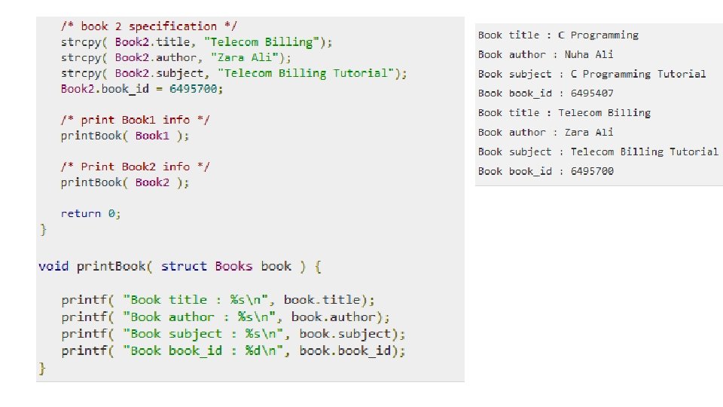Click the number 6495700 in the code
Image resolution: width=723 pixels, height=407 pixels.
pos(196,89)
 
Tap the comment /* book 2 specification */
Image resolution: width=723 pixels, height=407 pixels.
pos(149,26)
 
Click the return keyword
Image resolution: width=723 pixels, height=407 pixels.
pos(81,213)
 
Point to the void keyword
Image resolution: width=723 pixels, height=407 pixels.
pos(53,266)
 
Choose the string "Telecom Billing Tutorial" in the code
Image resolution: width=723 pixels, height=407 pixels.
pos(312,73)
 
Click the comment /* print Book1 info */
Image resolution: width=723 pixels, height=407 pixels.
pos(136,120)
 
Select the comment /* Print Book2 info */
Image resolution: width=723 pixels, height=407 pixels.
pos(136,167)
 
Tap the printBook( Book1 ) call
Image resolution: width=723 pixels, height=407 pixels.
pos(125,136)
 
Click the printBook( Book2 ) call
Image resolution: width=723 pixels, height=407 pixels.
pos(125,182)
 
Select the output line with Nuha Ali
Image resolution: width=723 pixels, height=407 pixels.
pos(546,54)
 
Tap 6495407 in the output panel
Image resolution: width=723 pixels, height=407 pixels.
pos(592,93)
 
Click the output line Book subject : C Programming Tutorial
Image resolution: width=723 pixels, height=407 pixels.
pos(592,74)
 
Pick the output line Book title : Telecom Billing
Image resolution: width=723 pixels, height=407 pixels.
pos(564,113)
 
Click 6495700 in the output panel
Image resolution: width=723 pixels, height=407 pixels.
pos(592,171)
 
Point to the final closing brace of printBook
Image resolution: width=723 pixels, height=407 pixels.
pos(43,368)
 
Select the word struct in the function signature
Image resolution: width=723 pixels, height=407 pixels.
pos(184,266)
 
